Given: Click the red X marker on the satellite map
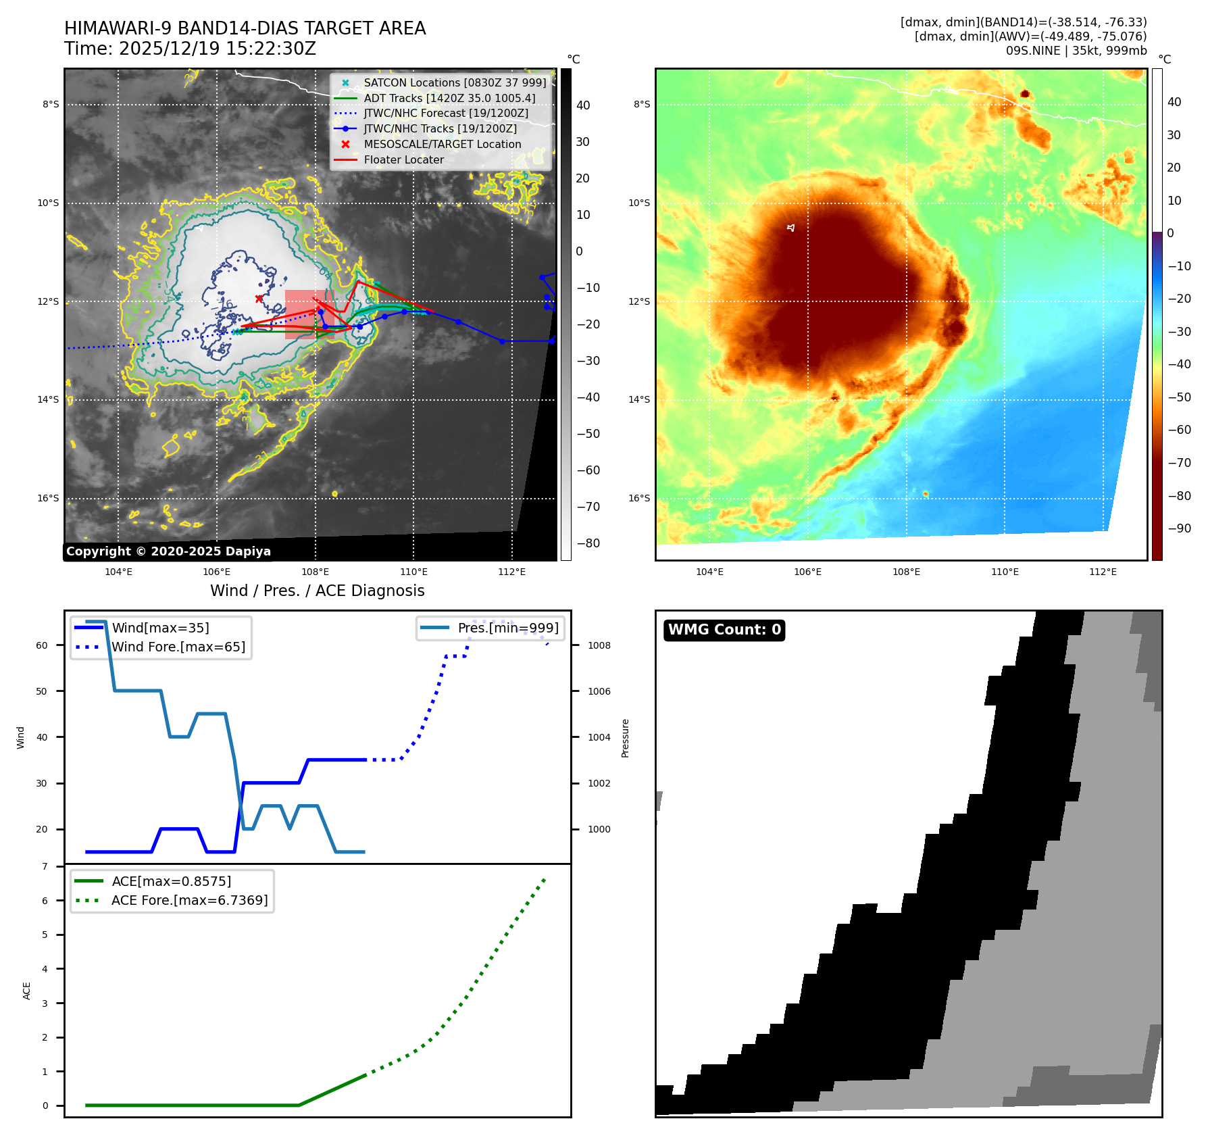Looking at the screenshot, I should click(259, 298).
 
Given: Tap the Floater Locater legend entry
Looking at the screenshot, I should click(403, 159).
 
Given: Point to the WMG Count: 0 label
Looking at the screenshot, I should click(724, 630).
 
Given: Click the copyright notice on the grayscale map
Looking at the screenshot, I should click(168, 551).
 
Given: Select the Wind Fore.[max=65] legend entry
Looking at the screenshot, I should click(178, 647).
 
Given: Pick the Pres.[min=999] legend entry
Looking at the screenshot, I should click(507, 628).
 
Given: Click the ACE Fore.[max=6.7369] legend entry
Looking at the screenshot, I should click(189, 900).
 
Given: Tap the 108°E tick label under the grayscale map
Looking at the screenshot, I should click(315, 572).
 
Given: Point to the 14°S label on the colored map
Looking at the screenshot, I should click(639, 399).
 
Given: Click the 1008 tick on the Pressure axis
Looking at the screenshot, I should click(599, 645).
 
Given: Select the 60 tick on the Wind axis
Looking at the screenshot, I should click(42, 645).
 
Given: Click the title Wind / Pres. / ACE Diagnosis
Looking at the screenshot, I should click(317, 591).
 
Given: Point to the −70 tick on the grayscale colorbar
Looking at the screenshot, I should click(588, 507).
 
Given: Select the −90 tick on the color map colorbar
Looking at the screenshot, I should click(1179, 528).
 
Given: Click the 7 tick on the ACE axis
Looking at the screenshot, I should click(45, 866).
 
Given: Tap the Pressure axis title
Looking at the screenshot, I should click(625, 738).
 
